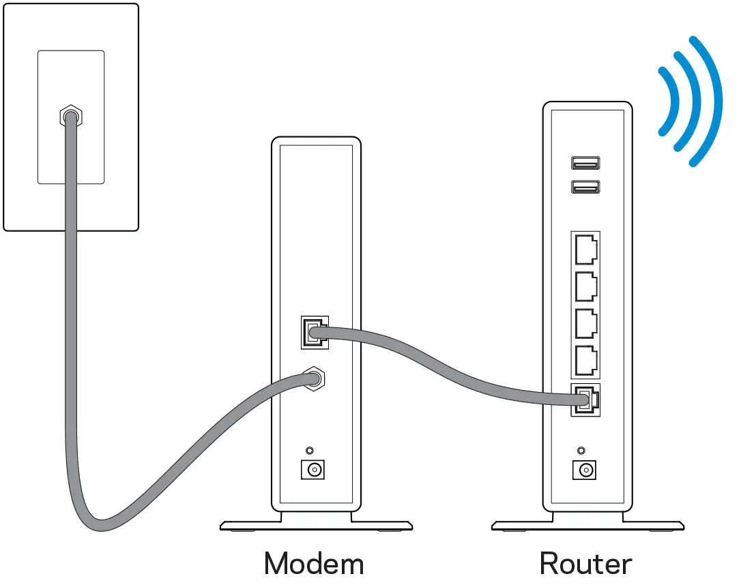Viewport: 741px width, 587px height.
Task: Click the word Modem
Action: [314, 564]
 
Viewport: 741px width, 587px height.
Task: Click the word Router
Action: [585, 564]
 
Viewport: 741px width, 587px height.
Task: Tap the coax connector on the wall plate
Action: [69, 117]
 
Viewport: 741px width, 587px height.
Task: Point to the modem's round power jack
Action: [314, 470]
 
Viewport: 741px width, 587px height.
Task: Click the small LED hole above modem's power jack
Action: [310, 451]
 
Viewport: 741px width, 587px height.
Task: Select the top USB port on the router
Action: [585, 163]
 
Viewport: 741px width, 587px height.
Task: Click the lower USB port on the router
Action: [585, 186]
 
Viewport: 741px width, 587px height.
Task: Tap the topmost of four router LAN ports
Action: [585, 249]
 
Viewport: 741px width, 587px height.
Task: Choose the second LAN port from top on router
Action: [585, 286]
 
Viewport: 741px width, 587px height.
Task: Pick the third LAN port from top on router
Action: [585, 323]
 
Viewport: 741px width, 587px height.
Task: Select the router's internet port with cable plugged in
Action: [585, 400]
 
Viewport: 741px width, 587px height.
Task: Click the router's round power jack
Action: [584, 470]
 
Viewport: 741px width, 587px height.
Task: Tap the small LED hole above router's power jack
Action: [581, 451]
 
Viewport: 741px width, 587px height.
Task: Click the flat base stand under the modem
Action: [316, 525]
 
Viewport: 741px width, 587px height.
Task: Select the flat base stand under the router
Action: [587, 525]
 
